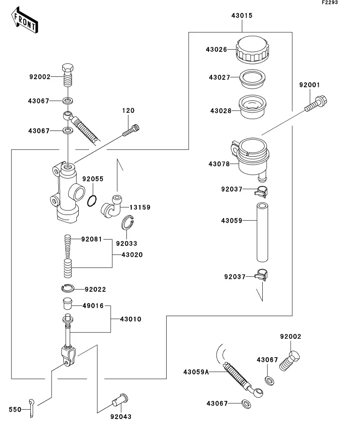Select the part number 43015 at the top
241,16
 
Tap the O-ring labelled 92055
92,201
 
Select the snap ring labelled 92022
69,289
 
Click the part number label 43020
132,255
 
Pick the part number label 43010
131,319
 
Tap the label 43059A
196,371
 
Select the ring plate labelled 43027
252,79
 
